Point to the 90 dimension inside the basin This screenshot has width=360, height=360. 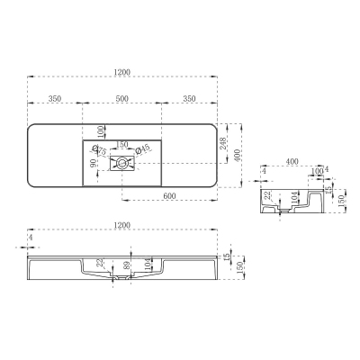pyautogui.click(x=92, y=164)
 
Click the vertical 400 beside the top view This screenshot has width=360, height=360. pyautogui.click(x=238, y=156)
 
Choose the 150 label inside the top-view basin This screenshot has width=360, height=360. pyautogui.click(x=121, y=144)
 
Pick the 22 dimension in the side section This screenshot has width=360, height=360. pyautogui.click(x=267, y=195)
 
